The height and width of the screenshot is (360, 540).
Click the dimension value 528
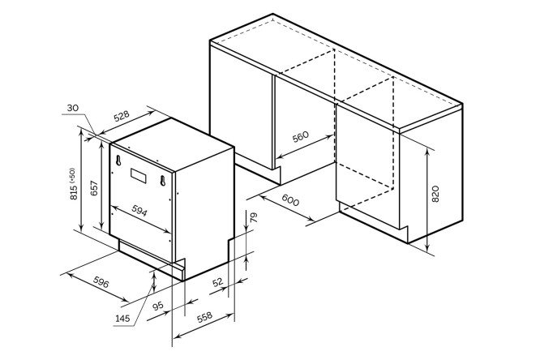[122, 116]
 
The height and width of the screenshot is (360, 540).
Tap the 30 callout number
[73, 108]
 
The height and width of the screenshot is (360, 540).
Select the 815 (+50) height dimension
[73, 184]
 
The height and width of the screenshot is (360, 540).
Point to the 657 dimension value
[94, 188]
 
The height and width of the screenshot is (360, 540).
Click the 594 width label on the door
[139, 211]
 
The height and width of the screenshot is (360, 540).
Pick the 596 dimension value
[101, 282]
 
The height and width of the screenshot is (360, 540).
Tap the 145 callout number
[122, 319]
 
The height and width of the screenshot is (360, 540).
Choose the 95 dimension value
[158, 306]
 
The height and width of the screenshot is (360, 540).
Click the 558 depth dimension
[204, 317]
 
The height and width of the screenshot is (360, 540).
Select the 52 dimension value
[217, 282]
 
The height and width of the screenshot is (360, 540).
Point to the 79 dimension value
[254, 217]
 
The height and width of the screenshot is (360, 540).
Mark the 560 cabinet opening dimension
[301, 137]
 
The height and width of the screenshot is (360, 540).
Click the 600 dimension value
[290, 199]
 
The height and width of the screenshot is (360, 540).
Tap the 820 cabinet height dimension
[435, 194]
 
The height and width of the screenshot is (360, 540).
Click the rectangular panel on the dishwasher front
[138, 175]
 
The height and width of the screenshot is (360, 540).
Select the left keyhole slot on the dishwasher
[118, 161]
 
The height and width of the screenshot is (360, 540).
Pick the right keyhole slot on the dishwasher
[163, 181]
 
